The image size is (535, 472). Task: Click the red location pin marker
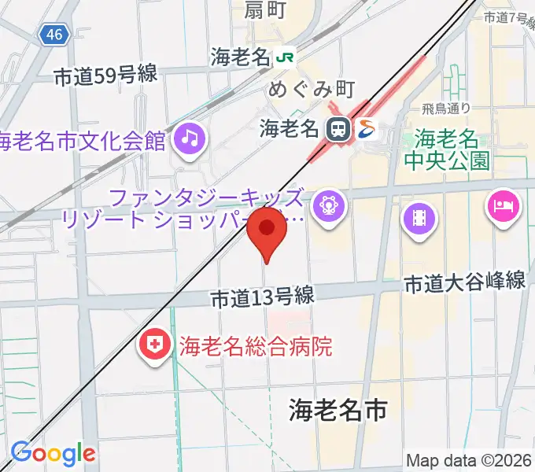pyautogui.click(x=267, y=230)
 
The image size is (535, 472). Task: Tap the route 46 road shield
pyautogui.click(x=53, y=35)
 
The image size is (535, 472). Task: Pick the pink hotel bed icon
pyautogui.click(x=503, y=207)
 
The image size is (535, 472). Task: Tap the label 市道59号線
pyautogui.click(x=106, y=76)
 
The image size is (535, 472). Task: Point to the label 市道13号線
pyautogui.click(x=263, y=297)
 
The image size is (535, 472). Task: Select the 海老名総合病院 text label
pyautogui.click(x=256, y=345)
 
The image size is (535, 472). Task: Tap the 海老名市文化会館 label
pyautogui.click(x=83, y=142)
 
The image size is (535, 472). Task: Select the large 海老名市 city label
pyautogui.click(x=338, y=409)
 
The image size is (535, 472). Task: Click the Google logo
pyautogui.click(x=52, y=453)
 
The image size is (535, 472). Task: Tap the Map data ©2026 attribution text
pyautogui.click(x=470, y=460)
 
